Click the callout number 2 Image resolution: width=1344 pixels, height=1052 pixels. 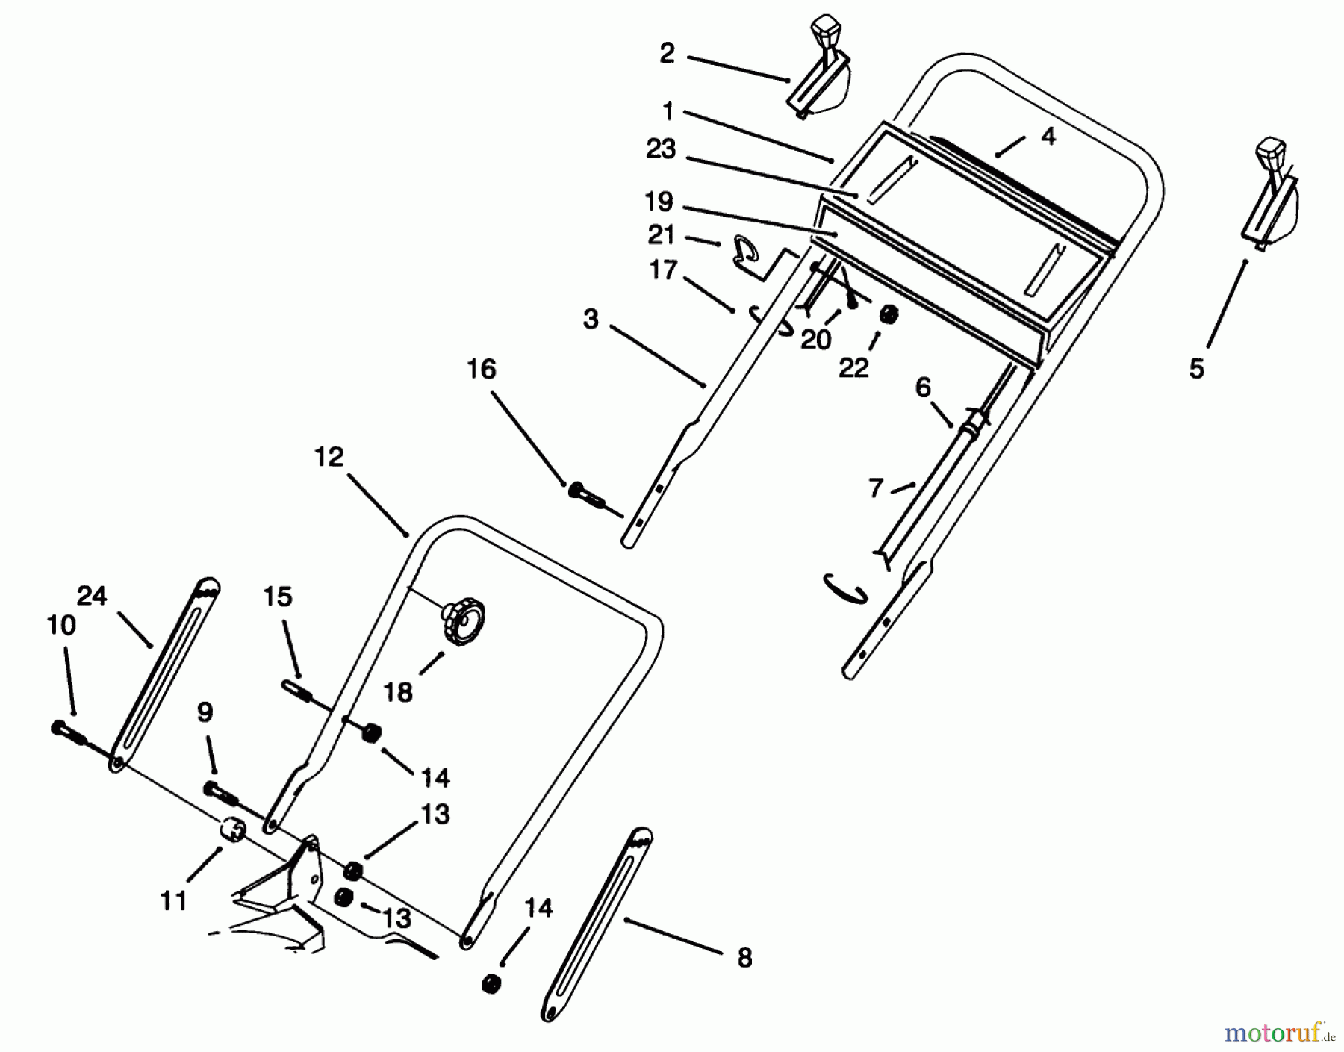pos(667,53)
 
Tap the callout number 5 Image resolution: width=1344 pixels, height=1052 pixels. pos(1197,369)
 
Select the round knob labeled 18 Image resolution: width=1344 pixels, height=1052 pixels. pos(464,619)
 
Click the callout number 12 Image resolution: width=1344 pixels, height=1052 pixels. pos(329,457)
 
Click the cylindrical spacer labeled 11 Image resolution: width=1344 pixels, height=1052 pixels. pos(232,829)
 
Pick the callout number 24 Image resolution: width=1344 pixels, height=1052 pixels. pos(91,597)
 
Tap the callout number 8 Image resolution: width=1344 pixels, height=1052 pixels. pos(744,958)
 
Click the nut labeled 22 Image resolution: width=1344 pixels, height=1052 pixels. pos(888,315)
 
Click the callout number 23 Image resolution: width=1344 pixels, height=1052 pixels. pos(661,149)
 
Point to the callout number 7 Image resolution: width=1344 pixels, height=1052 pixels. pos(876,488)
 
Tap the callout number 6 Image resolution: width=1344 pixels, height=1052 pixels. pos(923,388)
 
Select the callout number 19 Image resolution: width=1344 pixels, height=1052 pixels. pos(659,202)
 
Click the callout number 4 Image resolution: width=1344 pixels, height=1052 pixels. pos(1048,136)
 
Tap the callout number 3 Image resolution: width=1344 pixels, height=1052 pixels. pos(591,320)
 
